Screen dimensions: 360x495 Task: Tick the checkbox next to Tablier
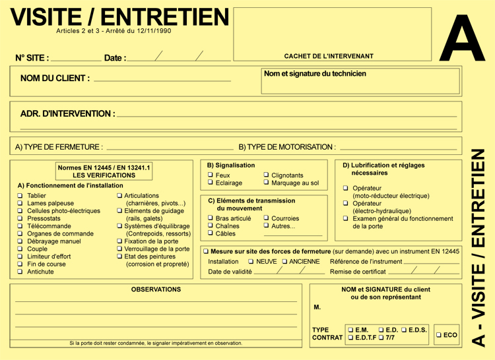(20, 196)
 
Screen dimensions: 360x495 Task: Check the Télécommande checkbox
(20, 226)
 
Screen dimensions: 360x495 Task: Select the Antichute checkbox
(20, 272)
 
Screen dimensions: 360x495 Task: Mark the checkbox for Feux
(211, 175)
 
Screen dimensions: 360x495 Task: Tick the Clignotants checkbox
(266, 175)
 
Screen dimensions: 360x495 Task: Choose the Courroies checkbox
(266, 218)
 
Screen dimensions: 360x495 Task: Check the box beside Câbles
(211, 233)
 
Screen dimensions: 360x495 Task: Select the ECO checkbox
(439, 336)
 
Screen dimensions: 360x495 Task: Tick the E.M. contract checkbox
(350, 330)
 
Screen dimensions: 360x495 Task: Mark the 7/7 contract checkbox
(381, 338)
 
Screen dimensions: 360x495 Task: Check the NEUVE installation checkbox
(251, 262)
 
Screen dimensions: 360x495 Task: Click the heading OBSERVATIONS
(156, 289)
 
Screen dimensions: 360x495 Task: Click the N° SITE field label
(32, 58)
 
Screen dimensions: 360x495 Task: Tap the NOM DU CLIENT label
(55, 78)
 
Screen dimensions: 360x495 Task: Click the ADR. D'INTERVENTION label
(67, 114)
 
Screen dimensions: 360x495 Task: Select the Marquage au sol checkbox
(266, 183)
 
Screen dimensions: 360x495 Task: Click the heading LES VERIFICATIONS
(104, 175)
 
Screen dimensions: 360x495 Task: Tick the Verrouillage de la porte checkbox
(119, 249)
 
